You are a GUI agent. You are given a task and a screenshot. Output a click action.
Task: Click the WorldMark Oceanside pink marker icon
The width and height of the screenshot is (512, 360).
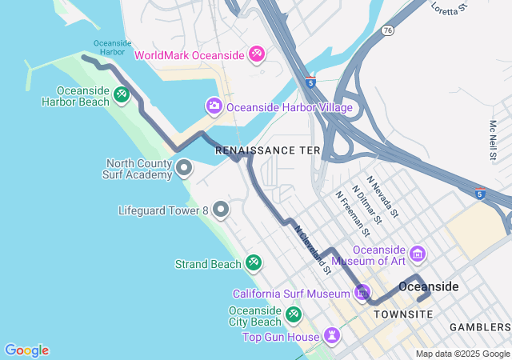(257, 54)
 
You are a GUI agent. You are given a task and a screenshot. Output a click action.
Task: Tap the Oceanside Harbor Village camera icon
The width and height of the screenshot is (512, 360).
(214, 106)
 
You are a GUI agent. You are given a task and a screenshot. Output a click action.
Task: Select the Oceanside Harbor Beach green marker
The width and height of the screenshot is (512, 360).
(120, 94)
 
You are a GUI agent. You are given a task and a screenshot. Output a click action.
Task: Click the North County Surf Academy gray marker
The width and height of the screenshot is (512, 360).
(183, 168)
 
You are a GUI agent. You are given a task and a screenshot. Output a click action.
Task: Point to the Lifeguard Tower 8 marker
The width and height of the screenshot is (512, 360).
(221, 210)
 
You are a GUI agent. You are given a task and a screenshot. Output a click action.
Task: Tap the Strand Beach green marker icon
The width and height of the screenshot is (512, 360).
(254, 262)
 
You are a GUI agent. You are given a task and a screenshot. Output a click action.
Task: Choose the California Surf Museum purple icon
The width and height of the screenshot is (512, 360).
(363, 293)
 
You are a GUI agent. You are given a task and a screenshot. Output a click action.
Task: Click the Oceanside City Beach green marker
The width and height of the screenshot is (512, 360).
(293, 314)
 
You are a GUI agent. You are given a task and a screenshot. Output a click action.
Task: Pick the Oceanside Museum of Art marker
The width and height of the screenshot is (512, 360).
(418, 255)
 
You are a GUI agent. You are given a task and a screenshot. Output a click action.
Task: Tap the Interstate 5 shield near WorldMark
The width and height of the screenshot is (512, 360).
(310, 82)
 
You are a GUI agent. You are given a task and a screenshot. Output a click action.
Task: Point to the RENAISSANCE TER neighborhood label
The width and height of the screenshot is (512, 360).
(267, 150)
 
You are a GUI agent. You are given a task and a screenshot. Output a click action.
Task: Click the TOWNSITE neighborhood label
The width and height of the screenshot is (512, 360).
(403, 314)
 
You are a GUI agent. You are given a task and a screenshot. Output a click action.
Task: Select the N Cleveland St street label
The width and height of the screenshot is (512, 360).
(313, 248)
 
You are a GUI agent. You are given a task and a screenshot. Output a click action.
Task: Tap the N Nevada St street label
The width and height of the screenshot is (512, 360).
(382, 197)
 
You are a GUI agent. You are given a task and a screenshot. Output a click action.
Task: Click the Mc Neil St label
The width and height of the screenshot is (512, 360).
(494, 140)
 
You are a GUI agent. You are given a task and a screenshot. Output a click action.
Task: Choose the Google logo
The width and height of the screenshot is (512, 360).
(26, 350)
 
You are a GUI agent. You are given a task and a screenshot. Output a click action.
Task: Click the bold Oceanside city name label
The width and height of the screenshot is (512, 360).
(429, 286)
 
